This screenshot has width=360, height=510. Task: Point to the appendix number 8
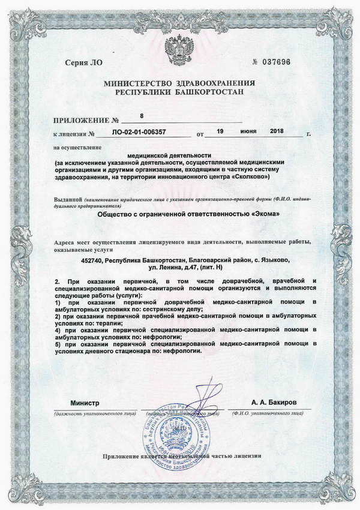141,116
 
